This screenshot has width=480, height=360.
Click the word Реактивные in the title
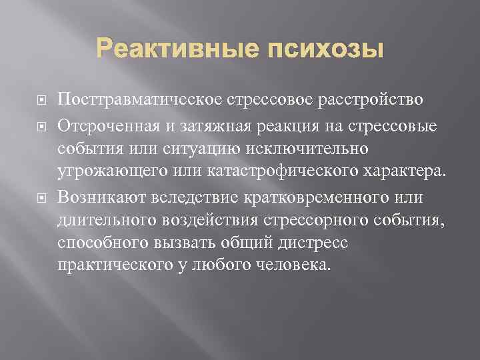click(171, 50)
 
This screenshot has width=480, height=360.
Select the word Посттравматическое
click(142, 100)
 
